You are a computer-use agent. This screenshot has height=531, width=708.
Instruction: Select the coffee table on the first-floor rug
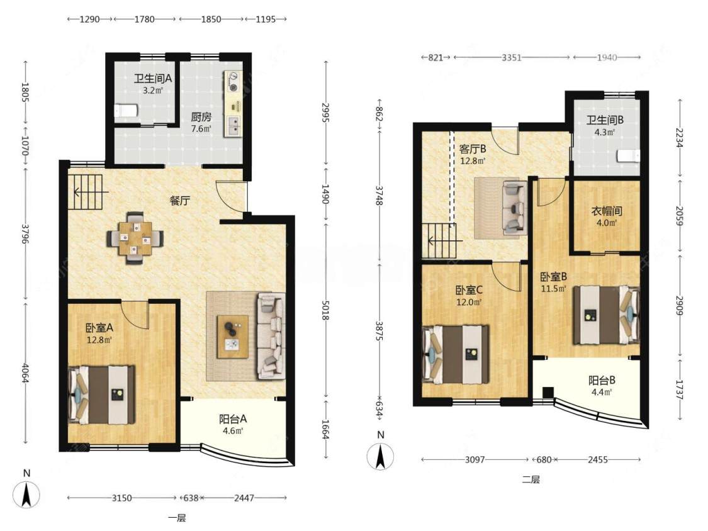[232, 337]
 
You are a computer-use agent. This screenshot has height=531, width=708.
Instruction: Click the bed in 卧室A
[101, 394]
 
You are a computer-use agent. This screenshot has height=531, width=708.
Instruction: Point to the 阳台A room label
[233, 419]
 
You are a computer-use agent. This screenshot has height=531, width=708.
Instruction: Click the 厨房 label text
[201, 118]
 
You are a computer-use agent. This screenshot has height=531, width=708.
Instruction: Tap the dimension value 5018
[325, 309]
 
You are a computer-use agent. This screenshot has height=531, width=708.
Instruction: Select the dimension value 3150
[122, 498]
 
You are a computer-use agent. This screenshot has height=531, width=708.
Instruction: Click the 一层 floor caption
[177, 518]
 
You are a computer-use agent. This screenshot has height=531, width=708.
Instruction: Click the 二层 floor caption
[531, 479]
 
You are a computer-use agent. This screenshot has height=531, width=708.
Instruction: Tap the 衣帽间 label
[607, 211]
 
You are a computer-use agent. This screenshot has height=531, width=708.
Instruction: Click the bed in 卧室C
[456, 354]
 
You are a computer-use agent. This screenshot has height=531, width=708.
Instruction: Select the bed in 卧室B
[607, 315]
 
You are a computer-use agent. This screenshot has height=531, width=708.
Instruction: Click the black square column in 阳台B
[548, 393]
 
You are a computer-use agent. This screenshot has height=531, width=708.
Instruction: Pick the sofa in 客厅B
[515, 208]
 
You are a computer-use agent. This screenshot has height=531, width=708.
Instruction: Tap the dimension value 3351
[512, 57]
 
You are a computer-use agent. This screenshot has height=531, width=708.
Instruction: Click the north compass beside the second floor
[381, 456]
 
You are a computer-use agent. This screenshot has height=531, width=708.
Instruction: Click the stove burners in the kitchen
[233, 81]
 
